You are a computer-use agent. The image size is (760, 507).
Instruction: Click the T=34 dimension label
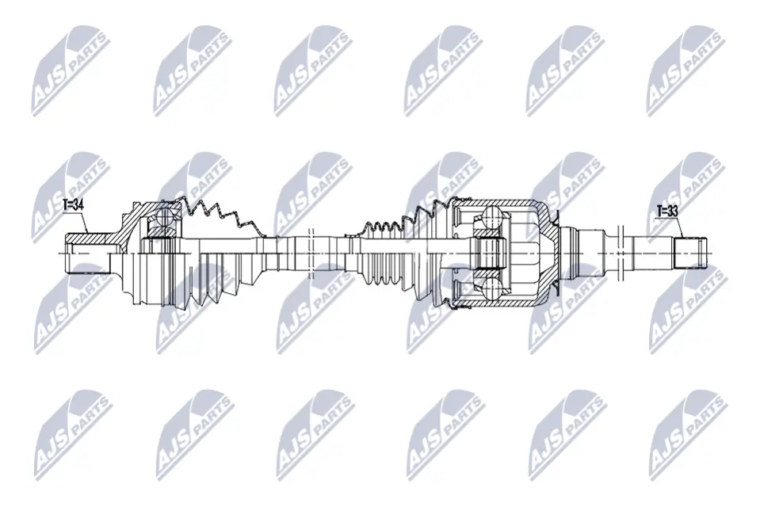[x=73, y=204]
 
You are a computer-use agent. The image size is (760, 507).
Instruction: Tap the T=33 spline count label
[x=668, y=212]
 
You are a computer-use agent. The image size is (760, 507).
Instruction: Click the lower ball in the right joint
[x=492, y=288]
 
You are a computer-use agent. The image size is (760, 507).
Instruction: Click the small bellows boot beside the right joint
[x=388, y=230]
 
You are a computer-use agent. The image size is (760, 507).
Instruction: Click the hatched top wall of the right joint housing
[x=507, y=204]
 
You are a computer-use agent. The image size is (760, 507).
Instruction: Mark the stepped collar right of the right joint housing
[x=586, y=252]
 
